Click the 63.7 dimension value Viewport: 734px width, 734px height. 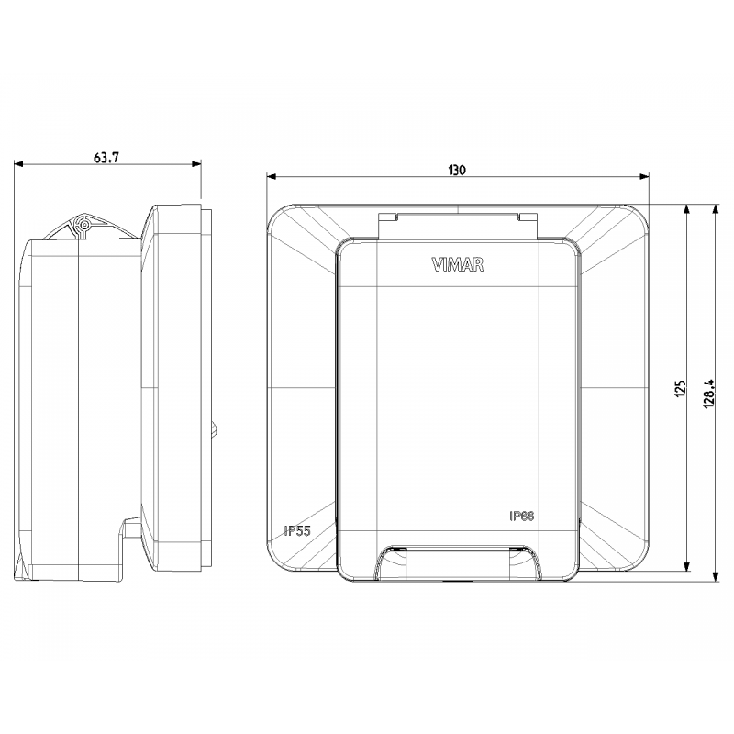(x=106, y=157)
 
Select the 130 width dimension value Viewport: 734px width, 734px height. (x=457, y=170)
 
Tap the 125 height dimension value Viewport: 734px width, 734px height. (x=680, y=388)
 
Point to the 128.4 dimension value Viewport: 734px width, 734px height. (x=708, y=394)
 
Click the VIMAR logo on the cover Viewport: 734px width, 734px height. (x=457, y=265)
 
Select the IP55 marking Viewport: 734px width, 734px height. (x=297, y=531)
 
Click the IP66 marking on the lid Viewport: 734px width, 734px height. (x=521, y=516)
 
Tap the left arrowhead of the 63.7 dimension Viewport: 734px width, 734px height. (x=18, y=164)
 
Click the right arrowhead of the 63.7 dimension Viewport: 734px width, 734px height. (x=196, y=164)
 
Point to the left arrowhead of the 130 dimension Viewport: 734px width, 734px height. (x=271, y=176)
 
